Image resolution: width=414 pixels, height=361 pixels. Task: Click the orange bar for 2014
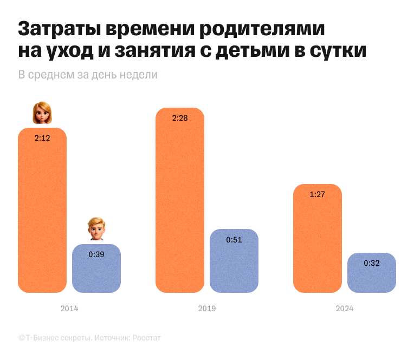pos(42,216)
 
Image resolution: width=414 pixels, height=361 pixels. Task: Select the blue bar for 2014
pos(96,273)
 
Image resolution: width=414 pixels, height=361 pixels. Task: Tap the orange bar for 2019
pos(180,206)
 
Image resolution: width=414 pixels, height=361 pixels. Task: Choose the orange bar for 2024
pos(318,244)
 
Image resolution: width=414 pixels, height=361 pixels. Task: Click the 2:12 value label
pos(42,138)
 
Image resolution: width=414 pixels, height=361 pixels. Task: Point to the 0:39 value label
pos(96,254)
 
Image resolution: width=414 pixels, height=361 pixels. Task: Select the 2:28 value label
pos(180,118)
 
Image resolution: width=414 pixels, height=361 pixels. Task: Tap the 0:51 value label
pos(234,239)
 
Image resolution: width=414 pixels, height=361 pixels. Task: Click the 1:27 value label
pos(318,194)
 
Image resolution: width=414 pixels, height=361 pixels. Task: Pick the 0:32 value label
pos(372,263)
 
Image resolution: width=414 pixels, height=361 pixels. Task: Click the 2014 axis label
pos(69,309)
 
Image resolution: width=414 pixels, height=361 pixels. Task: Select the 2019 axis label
pos(207,309)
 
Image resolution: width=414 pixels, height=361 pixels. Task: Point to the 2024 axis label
pos(345,309)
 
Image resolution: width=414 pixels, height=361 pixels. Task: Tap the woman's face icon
pos(42,113)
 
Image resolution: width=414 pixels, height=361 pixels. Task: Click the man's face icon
pos(96,228)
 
